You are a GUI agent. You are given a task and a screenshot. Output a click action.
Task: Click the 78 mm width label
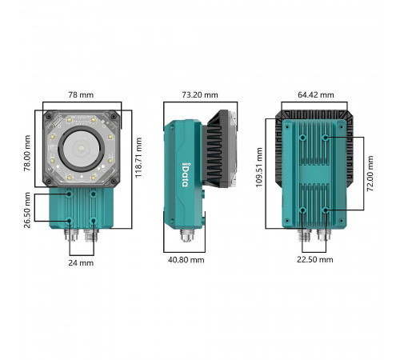pyautogui.click(x=81, y=95)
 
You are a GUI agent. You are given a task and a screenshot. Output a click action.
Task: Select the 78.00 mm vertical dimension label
pyautogui.click(x=27, y=153)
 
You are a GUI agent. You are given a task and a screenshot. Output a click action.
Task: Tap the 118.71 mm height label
pyautogui.click(x=138, y=158)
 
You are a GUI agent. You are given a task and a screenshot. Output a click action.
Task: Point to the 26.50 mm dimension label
pyautogui.click(x=27, y=210)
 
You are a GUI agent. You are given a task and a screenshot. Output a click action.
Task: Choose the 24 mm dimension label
pyautogui.click(x=81, y=263)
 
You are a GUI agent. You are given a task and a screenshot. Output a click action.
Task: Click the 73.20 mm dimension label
pyautogui.click(x=200, y=95)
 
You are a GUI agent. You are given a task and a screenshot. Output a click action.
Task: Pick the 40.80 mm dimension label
pyautogui.click(x=186, y=260)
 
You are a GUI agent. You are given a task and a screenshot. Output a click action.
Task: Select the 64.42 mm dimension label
pyautogui.click(x=316, y=95)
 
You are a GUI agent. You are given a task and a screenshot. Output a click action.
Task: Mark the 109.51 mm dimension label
pyautogui.click(x=259, y=167)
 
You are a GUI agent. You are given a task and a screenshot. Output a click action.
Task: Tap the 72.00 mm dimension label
pyautogui.click(x=370, y=174)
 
